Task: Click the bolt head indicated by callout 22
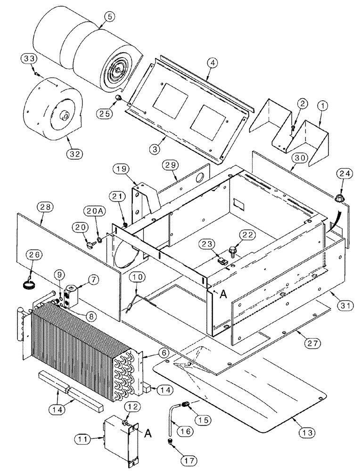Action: point(232,249)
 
